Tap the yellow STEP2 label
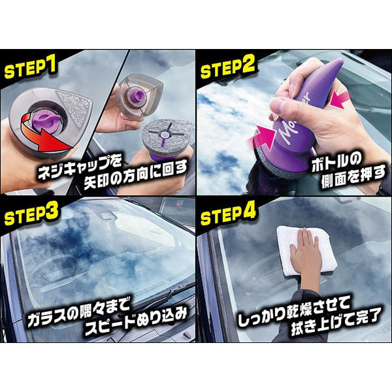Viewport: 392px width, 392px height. tap(227, 67)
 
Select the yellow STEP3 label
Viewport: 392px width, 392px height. tap(31, 213)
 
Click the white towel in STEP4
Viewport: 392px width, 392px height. tap(307, 250)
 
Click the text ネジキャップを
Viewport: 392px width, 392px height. tap(79, 167)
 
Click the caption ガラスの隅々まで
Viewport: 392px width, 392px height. tap(79, 311)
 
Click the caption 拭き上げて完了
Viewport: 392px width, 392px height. tap(336, 322)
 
